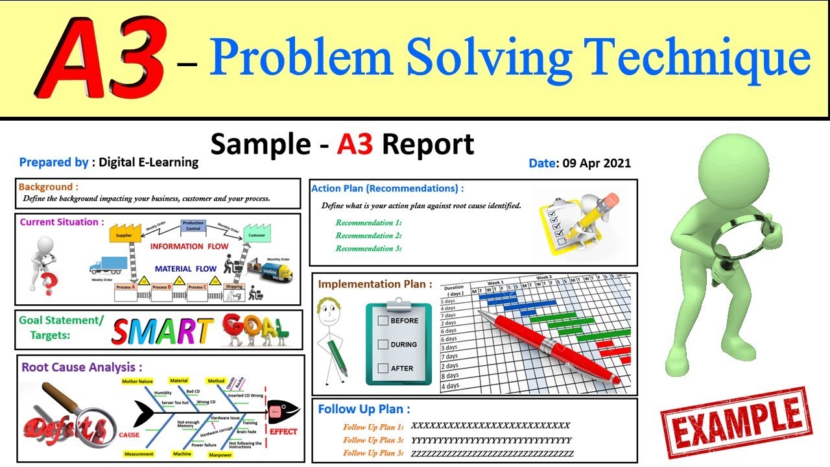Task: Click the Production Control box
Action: (193, 226)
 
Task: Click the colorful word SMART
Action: (161, 330)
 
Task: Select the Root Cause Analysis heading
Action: (81, 367)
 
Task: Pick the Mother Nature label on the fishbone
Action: (137, 381)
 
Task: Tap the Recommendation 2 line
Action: (368, 235)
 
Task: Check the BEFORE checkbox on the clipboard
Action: (383, 320)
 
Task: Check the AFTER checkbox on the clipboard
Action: (383, 368)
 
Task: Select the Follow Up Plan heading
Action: (364, 409)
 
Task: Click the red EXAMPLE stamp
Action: (735, 423)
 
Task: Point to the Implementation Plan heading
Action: (375, 284)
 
